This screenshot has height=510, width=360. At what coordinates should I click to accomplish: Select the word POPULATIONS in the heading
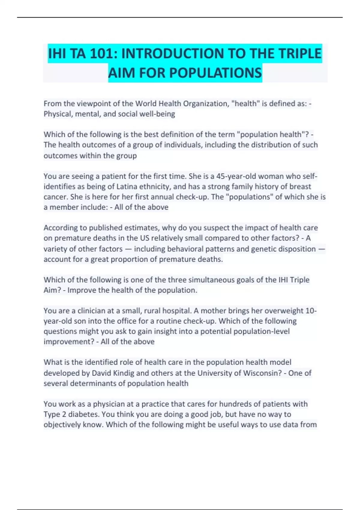[x=215, y=73]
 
